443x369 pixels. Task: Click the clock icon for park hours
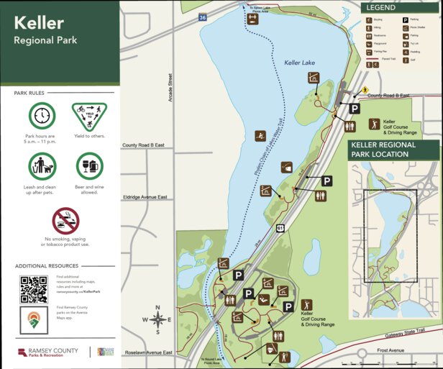[x=42, y=116]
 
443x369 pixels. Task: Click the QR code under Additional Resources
[x=33, y=289]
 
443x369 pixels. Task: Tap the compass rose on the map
[x=158, y=321]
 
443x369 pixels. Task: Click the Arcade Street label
[x=170, y=87]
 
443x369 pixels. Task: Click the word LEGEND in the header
[x=380, y=7]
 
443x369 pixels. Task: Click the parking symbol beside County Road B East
[x=355, y=109]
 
